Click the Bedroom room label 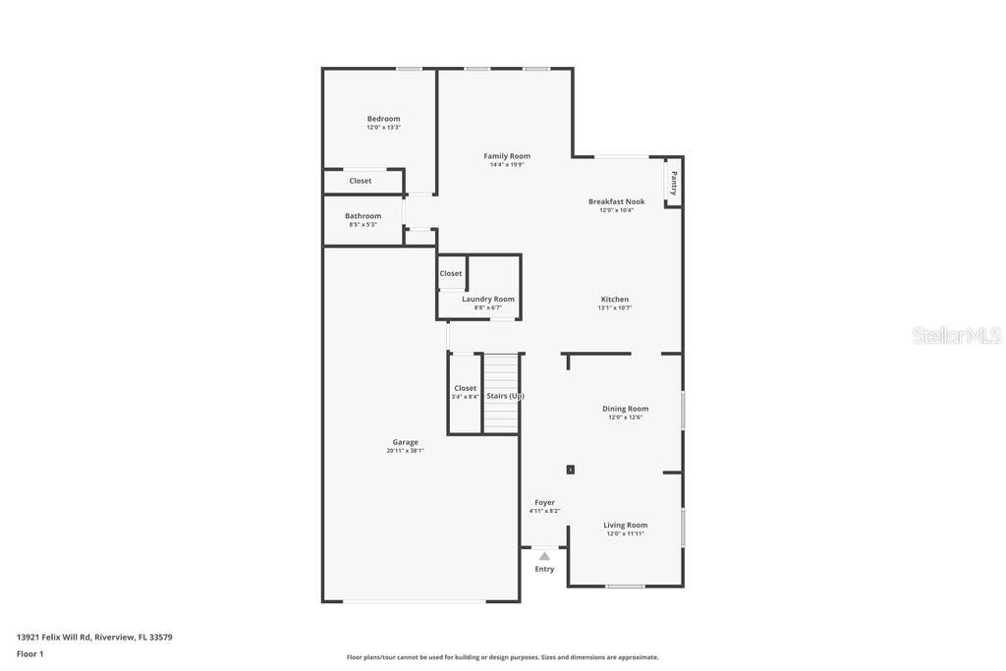click(x=383, y=119)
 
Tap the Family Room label click(x=507, y=156)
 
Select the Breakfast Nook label click(x=616, y=201)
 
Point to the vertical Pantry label click(x=674, y=183)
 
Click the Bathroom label click(x=363, y=216)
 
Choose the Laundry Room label click(x=488, y=299)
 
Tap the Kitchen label click(x=615, y=300)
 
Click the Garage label click(x=405, y=442)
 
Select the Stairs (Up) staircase click(x=501, y=394)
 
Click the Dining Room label click(x=625, y=409)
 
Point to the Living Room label click(x=625, y=526)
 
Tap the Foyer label click(x=544, y=502)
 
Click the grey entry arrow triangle click(x=544, y=556)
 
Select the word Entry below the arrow click(x=544, y=569)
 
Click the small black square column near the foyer click(x=570, y=470)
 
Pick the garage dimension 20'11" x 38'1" click(x=405, y=451)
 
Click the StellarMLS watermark click(x=956, y=336)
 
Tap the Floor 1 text click(x=29, y=654)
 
